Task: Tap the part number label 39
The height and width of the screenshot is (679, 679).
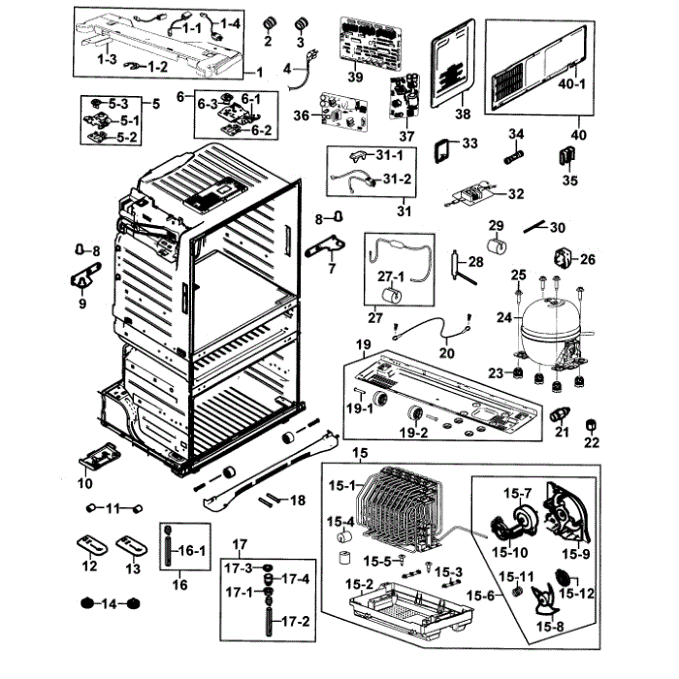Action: tap(355, 77)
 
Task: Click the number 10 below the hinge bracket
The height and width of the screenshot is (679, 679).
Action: tap(85, 482)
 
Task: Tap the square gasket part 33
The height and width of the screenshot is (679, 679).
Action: tap(443, 148)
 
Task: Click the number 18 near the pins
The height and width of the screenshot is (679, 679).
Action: tap(297, 500)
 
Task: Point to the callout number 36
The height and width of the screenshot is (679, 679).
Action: tap(301, 115)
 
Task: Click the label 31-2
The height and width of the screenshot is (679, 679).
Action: tap(397, 179)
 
